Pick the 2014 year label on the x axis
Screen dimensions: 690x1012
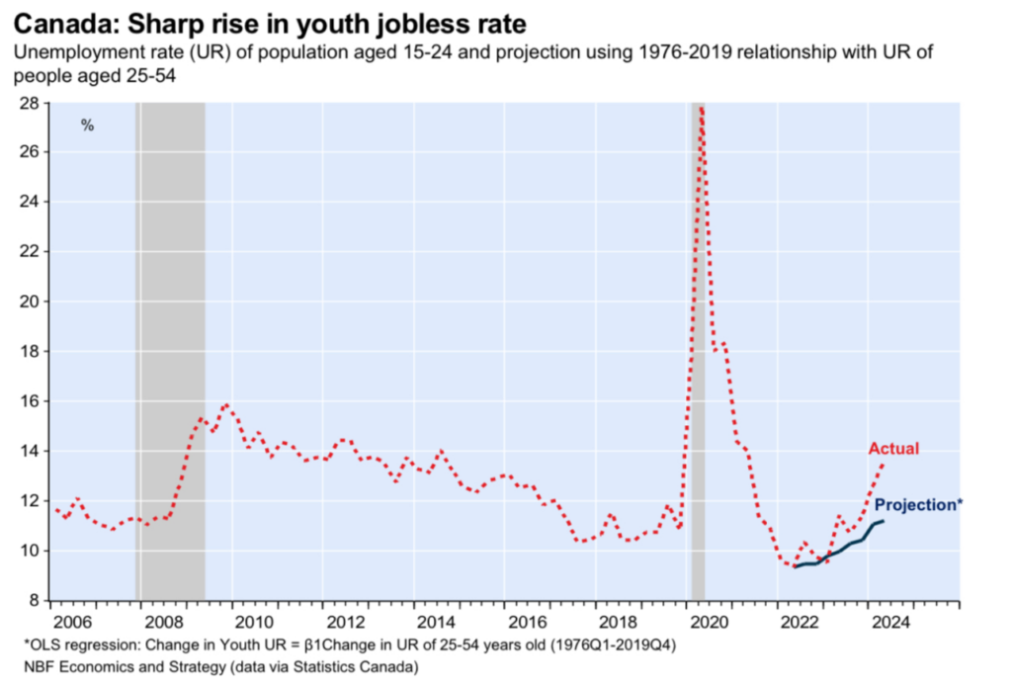[436, 623]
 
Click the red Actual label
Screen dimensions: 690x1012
[893, 450]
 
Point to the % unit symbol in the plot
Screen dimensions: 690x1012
[87, 126]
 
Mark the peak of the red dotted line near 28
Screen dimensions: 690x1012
[700, 106]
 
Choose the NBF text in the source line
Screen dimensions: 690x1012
[39, 667]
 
